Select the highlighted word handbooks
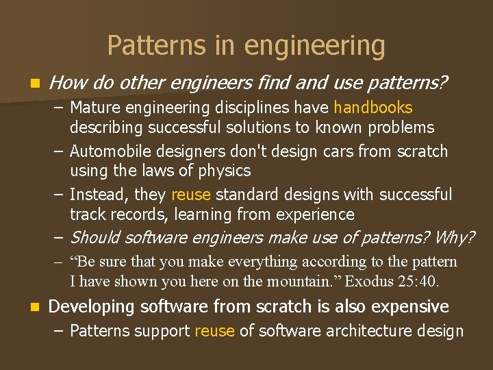(x=373, y=108)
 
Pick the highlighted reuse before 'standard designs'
(x=191, y=195)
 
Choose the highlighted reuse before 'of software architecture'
(x=214, y=331)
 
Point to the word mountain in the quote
(x=304, y=281)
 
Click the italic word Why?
(x=454, y=237)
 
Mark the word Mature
(x=94, y=108)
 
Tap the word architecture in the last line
(x=371, y=331)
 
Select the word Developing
(x=90, y=307)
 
